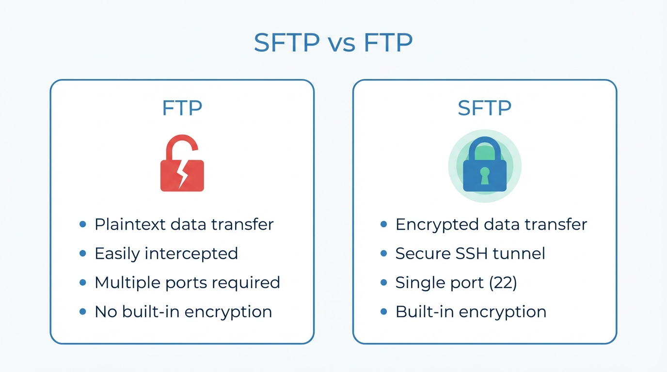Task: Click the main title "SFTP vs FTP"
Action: pyautogui.click(x=333, y=44)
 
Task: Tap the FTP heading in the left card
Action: pyautogui.click(x=182, y=108)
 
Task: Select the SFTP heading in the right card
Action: pyautogui.click(x=484, y=108)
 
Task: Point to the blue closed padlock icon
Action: pyautogui.click(x=484, y=167)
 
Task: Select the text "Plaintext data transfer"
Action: pyautogui.click(x=184, y=224)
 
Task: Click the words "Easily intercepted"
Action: pyautogui.click(x=166, y=253)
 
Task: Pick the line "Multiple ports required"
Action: pyautogui.click(x=187, y=282)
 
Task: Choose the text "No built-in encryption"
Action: pyautogui.click(x=183, y=311)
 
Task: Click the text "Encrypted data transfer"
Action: pyautogui.click(x=491, y=224)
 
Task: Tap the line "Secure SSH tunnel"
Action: pyautogui.click(x=470, y=253)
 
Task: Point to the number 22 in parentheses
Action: pyautogui.click(x=503, y=282)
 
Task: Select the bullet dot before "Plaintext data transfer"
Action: pyautogui.click(x=83, y=224)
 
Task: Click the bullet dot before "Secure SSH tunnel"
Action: pyautogui.click(x=384, y=253)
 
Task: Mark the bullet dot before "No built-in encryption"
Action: pyautogui.click(x=83, y=311)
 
